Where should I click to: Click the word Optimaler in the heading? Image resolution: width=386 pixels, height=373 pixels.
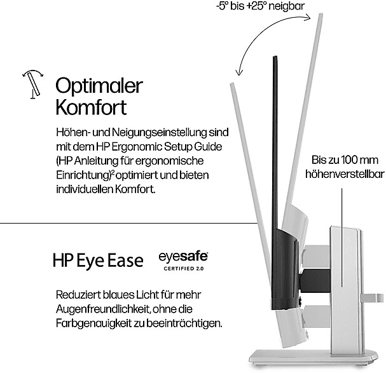pos(99,85)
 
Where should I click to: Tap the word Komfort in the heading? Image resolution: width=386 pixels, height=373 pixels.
pos(91,106)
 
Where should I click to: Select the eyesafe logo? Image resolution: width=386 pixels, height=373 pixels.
pos(183,257)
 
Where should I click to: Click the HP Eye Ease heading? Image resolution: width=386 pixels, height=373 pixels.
pos(98,261)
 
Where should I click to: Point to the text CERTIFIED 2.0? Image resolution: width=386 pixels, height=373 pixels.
pos(183,269)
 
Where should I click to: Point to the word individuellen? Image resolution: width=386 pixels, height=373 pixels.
pos(85,189)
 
